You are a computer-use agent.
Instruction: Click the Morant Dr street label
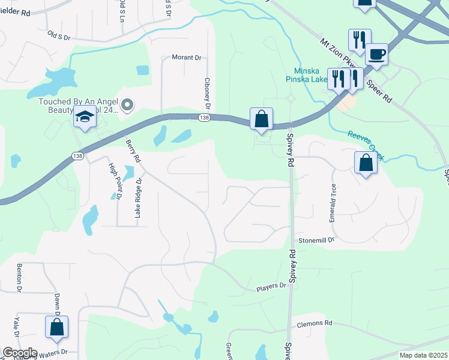187,58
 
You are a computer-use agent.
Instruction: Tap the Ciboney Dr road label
208,93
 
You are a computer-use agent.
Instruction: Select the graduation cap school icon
85,118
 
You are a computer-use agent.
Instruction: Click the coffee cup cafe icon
376,54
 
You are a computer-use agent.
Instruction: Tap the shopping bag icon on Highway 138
262,118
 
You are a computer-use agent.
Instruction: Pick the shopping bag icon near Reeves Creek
366,162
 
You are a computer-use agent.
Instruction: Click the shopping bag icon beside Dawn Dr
56,327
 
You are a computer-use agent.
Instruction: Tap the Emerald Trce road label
333,203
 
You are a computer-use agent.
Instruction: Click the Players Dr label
271,287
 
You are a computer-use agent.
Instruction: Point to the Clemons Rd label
315,323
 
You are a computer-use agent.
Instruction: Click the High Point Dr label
115,181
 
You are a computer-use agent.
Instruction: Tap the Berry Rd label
133,151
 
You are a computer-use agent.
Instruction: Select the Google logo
19,353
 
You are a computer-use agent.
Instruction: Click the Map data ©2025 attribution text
423,355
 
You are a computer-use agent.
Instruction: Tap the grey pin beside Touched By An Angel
127,106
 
